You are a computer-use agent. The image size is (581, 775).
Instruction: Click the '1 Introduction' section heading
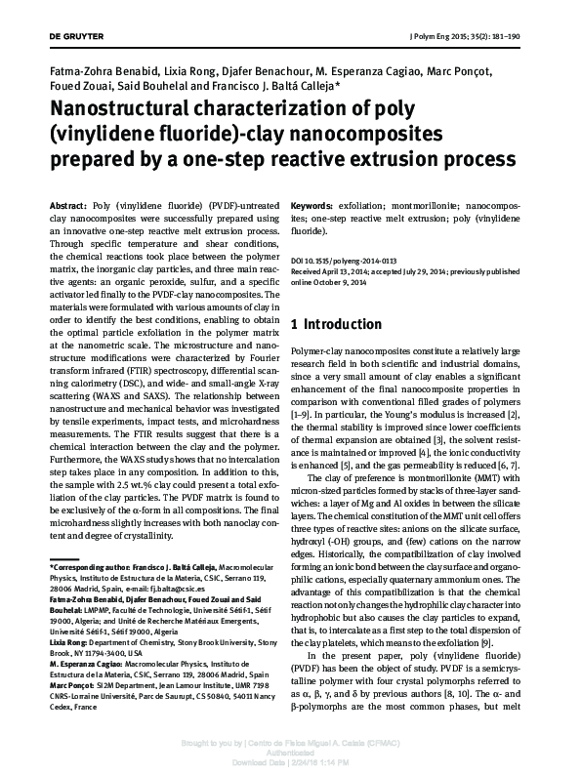337,324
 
